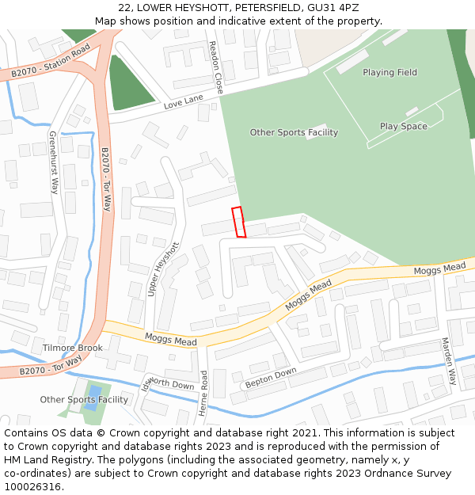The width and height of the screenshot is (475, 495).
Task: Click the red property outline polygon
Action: pyautogui.click(x=238, y=222)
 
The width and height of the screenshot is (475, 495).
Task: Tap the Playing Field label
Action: pyautogui.click(x=389, y=73)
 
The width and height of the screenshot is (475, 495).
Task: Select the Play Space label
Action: pyautogui.click(x=403, y=127)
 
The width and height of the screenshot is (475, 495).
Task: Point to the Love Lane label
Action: pyautogui.click(x=183, y=104)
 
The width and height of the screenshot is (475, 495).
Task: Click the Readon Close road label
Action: pyautogui.click(x=215, y=68)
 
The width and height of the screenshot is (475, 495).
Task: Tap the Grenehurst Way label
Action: pyautogui.click(x=54, y=162)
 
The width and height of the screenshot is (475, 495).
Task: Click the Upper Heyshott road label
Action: pyautogui.click(x=164, y=269)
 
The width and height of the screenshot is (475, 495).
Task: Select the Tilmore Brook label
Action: pyautogui.click(x=73, y=348)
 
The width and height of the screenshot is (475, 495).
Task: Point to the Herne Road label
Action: pyautogui.click(x=203, y=393)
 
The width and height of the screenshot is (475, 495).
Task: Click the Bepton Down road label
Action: pyautogui.click(x=271, y=377)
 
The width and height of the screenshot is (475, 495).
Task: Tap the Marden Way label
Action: pyautogui.click(x=449, y=361)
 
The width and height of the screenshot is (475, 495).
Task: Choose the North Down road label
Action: pyautogui.click(x=171, y=383)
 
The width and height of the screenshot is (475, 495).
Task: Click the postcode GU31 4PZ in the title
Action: pyautogui.click(x=337, y=8)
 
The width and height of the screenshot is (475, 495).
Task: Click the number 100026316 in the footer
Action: pyautogui.click(x=32, y=487)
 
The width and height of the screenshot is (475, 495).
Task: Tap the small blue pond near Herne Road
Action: pyautogui.click(x=95, y=392)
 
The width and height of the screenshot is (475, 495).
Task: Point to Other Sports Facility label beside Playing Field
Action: pyautogui.click(x=294, y=132)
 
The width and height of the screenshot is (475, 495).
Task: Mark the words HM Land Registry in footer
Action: pyautogui.click(x=43, y=460)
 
